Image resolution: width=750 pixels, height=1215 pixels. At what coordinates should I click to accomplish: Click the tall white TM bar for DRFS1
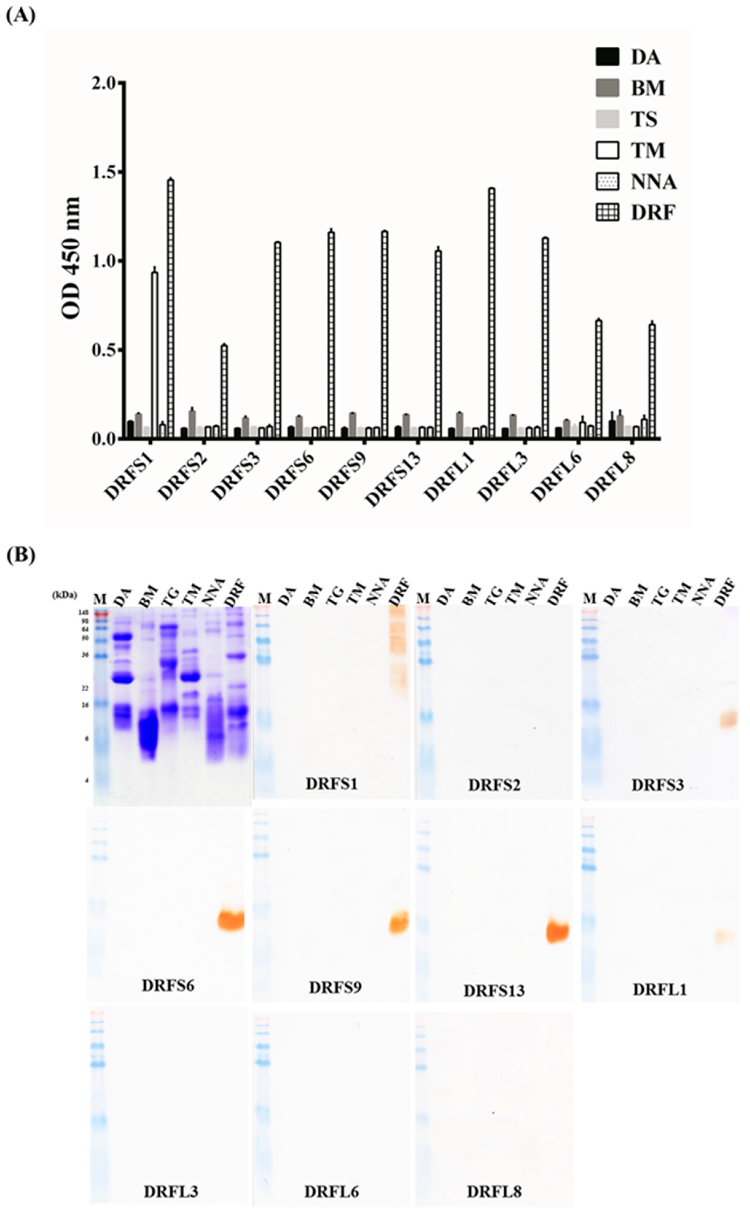(x=155, y=355)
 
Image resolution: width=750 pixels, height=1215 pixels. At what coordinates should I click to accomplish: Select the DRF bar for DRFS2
(x=224, y=392)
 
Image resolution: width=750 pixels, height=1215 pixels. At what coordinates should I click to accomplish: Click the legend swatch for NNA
(x=607, y=182)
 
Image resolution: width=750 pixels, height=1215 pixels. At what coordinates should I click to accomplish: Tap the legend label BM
(x=647, y=88)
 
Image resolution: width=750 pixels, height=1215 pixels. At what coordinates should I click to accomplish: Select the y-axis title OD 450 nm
(x=71, y=258)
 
